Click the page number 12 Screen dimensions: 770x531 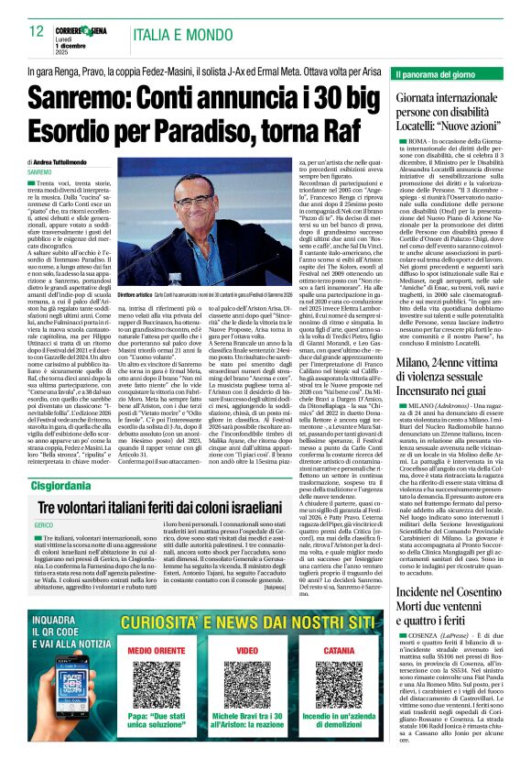pos(37,31)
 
